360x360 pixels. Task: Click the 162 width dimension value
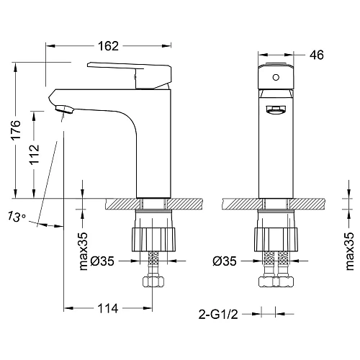[108, 46]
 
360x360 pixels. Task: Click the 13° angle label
[19, 216]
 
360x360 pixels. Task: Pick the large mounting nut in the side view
[152, 237]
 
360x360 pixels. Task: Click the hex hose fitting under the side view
[152, 278]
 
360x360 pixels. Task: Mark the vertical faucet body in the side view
[153, 144]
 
